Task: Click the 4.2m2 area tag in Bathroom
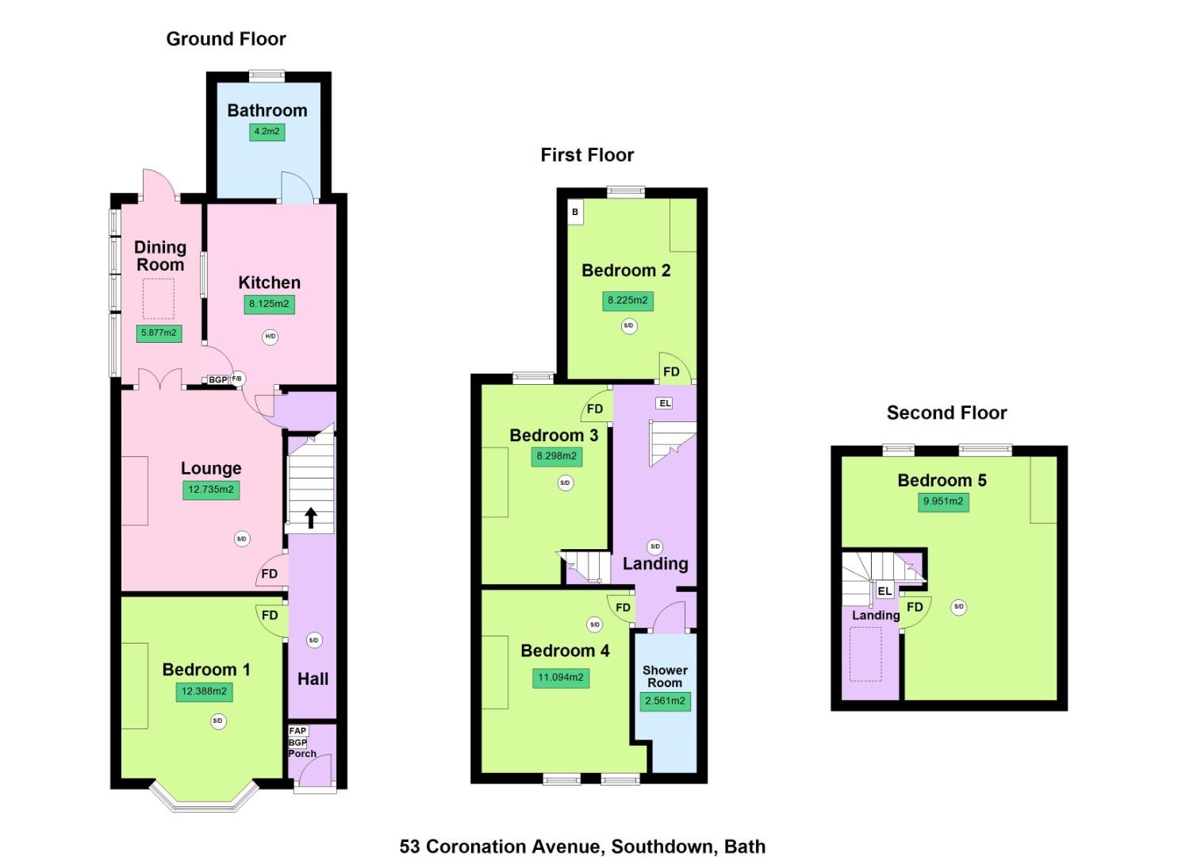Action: (267, 132)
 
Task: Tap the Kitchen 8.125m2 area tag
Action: (269, 304)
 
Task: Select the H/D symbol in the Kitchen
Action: (271, 337)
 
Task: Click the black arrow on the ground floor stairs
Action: (311, 517)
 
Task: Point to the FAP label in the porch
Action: (297, 731)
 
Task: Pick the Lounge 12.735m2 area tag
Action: (211, 490)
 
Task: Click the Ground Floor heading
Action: (225, 39)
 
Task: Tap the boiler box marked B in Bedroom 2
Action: (576, 213)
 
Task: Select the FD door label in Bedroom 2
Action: (671, 371)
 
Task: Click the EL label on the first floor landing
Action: (665, 403)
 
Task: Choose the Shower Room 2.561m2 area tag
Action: (665, 701)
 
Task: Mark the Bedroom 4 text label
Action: (565, 651)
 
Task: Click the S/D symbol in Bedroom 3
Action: (565, 482)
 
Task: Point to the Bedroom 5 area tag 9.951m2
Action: (943, 502)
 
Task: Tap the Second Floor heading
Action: (946, 413)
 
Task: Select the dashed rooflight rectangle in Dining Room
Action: (158, 299)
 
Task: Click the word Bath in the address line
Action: (745, 847)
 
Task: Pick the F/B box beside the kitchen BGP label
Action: (236, 379)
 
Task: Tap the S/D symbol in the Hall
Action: (313, 640)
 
